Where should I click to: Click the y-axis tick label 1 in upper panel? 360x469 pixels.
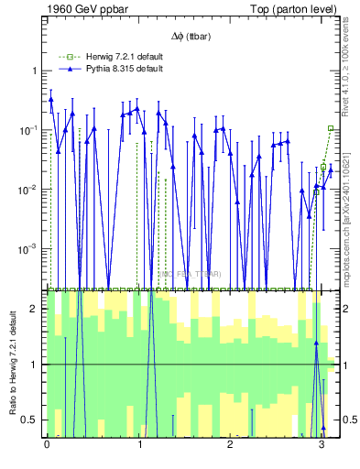34,71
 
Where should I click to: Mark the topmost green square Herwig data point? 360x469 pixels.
331,128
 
